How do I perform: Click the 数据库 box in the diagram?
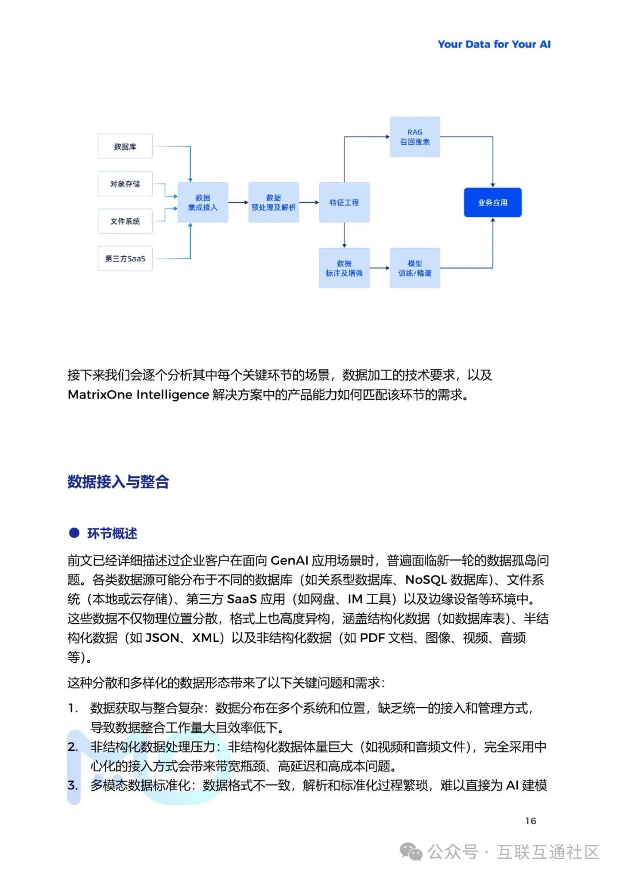click(125, 146)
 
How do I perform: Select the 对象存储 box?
click(125, 184)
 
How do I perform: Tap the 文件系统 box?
click(125, 221)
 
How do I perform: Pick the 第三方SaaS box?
click(125, 258)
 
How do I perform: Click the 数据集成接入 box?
click(203, 202)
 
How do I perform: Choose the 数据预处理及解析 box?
click(273, 202)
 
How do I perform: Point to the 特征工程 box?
click(344, 202)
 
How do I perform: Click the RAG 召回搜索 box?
click(414, 137)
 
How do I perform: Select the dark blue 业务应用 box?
click(493, 202)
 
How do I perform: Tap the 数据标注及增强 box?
click(344, 268)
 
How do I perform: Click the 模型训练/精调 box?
click(414, 268)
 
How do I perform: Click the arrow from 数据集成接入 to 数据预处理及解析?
click(238, 202)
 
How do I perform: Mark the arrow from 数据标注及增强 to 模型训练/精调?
click(379, 268)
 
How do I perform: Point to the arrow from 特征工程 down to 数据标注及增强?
click(344, 235)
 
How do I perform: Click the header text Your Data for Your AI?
click(494, 44)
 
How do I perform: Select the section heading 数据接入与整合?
click(118, 481)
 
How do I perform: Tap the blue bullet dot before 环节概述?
click(74, 532)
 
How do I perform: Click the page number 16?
click(530, 821)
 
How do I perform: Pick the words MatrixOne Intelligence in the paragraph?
click(138, 395)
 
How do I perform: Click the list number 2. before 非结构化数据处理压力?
click(73, 747)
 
